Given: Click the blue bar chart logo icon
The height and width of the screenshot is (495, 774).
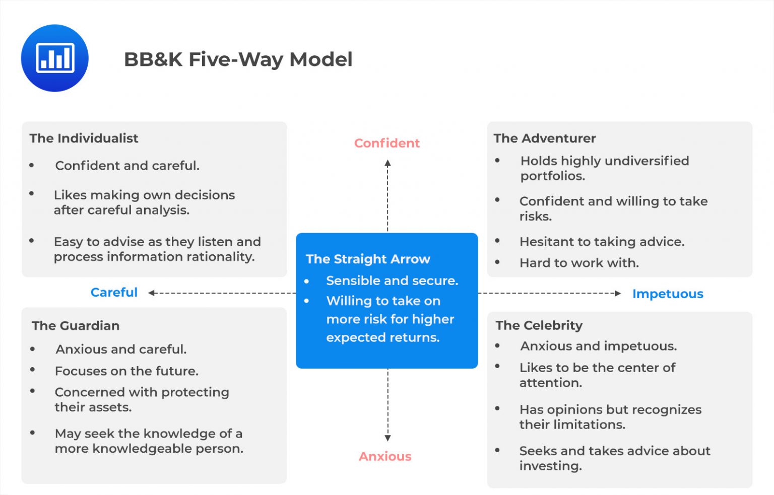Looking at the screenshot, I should click(54, 58).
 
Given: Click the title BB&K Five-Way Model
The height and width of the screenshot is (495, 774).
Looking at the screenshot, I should click(238, 59).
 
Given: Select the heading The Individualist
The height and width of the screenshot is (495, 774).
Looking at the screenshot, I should click(84, 138).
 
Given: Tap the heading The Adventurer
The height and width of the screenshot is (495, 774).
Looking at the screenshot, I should click(544, 138).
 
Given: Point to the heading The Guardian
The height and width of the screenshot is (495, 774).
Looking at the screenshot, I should click(76, 326).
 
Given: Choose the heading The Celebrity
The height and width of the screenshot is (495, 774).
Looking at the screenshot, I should click(539, 325).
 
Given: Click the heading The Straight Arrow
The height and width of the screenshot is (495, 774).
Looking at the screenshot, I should click(368, 259).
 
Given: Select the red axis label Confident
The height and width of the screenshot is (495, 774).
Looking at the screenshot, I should click(386, 143).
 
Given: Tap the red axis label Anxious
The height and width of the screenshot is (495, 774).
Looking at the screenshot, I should click(385, 456).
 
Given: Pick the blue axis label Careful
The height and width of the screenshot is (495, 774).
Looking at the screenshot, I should click(114, 293).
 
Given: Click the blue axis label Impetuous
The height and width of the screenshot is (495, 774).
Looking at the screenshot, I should click(667, 294).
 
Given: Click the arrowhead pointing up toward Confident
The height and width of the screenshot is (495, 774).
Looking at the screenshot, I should click(388, 163).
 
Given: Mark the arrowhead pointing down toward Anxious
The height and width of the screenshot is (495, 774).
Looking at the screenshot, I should click(388, 438).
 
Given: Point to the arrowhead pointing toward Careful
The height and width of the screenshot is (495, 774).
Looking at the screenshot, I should click(151, 293).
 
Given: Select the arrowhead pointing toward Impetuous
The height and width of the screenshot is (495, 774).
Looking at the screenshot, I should click(618, 293).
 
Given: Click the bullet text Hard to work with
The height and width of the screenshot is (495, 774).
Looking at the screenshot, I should click(579, 263).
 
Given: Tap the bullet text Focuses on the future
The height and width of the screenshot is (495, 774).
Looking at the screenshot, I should click(126, 371).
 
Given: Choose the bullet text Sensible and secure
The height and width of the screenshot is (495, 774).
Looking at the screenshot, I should click(392, 280).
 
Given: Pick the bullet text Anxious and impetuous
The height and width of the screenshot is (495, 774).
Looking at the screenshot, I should click(598, 346).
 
